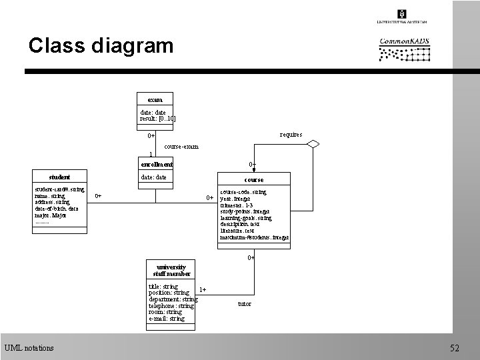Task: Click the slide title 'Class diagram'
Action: point(101,46)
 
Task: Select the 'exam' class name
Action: point(155,99)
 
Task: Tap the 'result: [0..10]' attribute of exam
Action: point(157,119)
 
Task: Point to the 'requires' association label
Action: point(291,135)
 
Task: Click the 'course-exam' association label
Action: point(181,146)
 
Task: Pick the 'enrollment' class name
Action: point(157,164)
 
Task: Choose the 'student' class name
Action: point(59,177)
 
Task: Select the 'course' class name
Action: point(253,179)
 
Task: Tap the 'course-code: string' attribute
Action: point(243,192)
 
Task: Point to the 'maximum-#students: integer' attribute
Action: point(254,237)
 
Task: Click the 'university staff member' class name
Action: point(171,270)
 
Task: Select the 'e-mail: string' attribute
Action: point(167,319)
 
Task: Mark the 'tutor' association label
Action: point(245,304)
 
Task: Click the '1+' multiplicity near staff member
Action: point(203,289)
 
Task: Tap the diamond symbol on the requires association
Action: point(309,148)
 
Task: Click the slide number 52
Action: point(455,347)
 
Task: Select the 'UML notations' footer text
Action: point(29,347)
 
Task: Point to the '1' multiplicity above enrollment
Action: point(150,154)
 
